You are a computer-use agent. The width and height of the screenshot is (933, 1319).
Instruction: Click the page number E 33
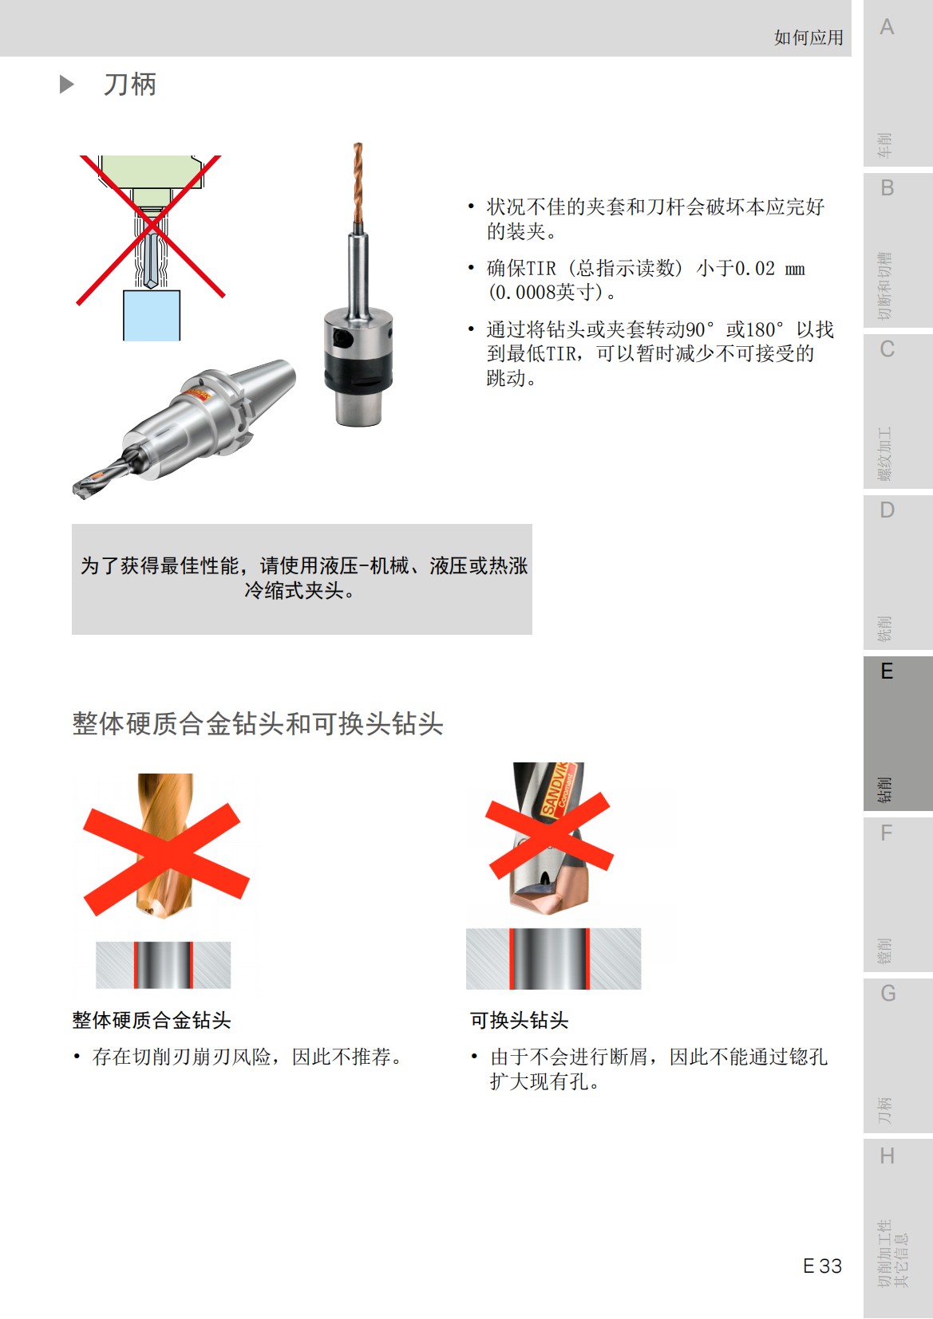[x=822, y=1266]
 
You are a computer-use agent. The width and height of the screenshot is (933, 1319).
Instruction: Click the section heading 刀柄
[x=129, y=85]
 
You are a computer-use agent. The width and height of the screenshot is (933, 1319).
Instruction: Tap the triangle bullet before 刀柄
[x=67, y=85]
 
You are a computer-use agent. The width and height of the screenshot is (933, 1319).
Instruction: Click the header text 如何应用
[x=808, y=37]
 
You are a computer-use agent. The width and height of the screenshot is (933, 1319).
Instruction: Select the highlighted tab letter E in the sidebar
[x=886, y=671]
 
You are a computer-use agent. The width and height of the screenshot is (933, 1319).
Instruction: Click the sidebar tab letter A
[x=886, y=28]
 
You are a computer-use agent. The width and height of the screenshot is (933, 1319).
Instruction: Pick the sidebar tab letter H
[x=886, y=1156]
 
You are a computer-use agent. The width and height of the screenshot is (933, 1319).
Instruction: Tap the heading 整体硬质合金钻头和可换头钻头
[x=257, y=724]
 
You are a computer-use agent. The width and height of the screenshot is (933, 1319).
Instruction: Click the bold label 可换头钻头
[x=519, y=1020]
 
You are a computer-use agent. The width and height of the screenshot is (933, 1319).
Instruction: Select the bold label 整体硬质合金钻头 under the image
[x=152, y=1020]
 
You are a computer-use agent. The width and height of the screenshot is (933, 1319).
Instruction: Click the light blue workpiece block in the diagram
[x=152, y=315]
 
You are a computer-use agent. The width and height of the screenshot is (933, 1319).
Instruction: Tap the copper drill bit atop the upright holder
[x=358, y=183]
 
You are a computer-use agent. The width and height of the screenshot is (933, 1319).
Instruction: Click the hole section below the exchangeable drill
[x=552, y=959]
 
